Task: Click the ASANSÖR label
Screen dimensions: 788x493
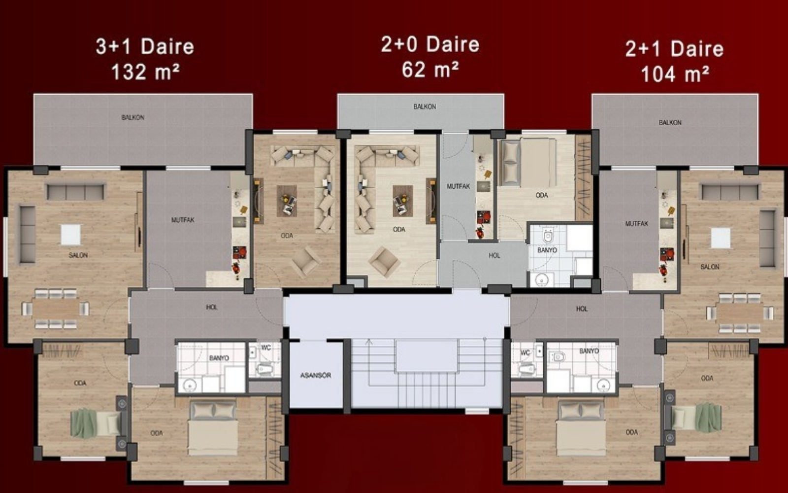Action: click(316, 375)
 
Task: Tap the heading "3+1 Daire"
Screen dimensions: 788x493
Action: click(145, 46)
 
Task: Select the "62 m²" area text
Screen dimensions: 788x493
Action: click(430, 69)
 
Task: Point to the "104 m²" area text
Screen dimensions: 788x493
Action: click(675, 74)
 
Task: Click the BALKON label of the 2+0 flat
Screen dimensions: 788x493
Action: click(425, 106)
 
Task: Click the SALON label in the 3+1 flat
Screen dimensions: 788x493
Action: click(78, 255)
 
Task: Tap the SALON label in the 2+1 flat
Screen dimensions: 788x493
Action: click(710, 267)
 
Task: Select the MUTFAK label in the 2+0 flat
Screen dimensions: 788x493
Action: click(458, 186)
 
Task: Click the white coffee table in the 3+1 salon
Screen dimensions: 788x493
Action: click(71, 235)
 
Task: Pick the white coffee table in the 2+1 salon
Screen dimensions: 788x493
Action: click(720, 238)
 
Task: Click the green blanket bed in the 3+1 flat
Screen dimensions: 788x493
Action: click(96, 423)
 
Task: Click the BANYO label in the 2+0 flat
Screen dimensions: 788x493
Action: click(547, 250)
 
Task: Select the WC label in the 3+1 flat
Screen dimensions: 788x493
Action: click(266, 348)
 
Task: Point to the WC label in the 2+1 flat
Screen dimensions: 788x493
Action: click(525, 353)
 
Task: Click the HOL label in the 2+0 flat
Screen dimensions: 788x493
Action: click(494, 256)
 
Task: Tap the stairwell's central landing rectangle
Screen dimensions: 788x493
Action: click(426, 355)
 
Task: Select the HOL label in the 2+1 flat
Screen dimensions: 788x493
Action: click(582, 309)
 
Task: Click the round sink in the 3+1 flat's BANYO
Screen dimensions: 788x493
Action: click(190, 385)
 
